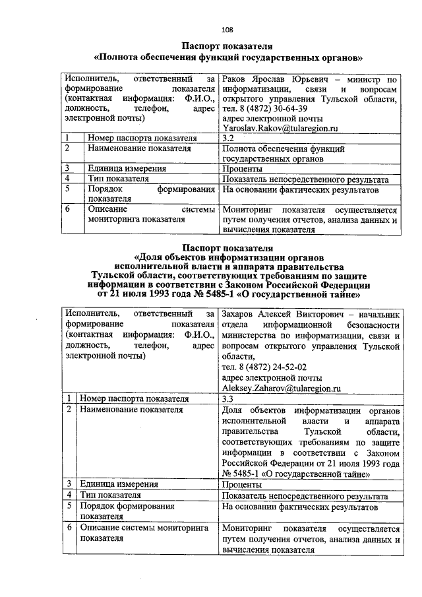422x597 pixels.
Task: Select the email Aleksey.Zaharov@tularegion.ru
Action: click(281, 389)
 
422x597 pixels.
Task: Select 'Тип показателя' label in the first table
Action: click(118, 179)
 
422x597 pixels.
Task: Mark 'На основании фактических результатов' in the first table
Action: click(301, 189)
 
